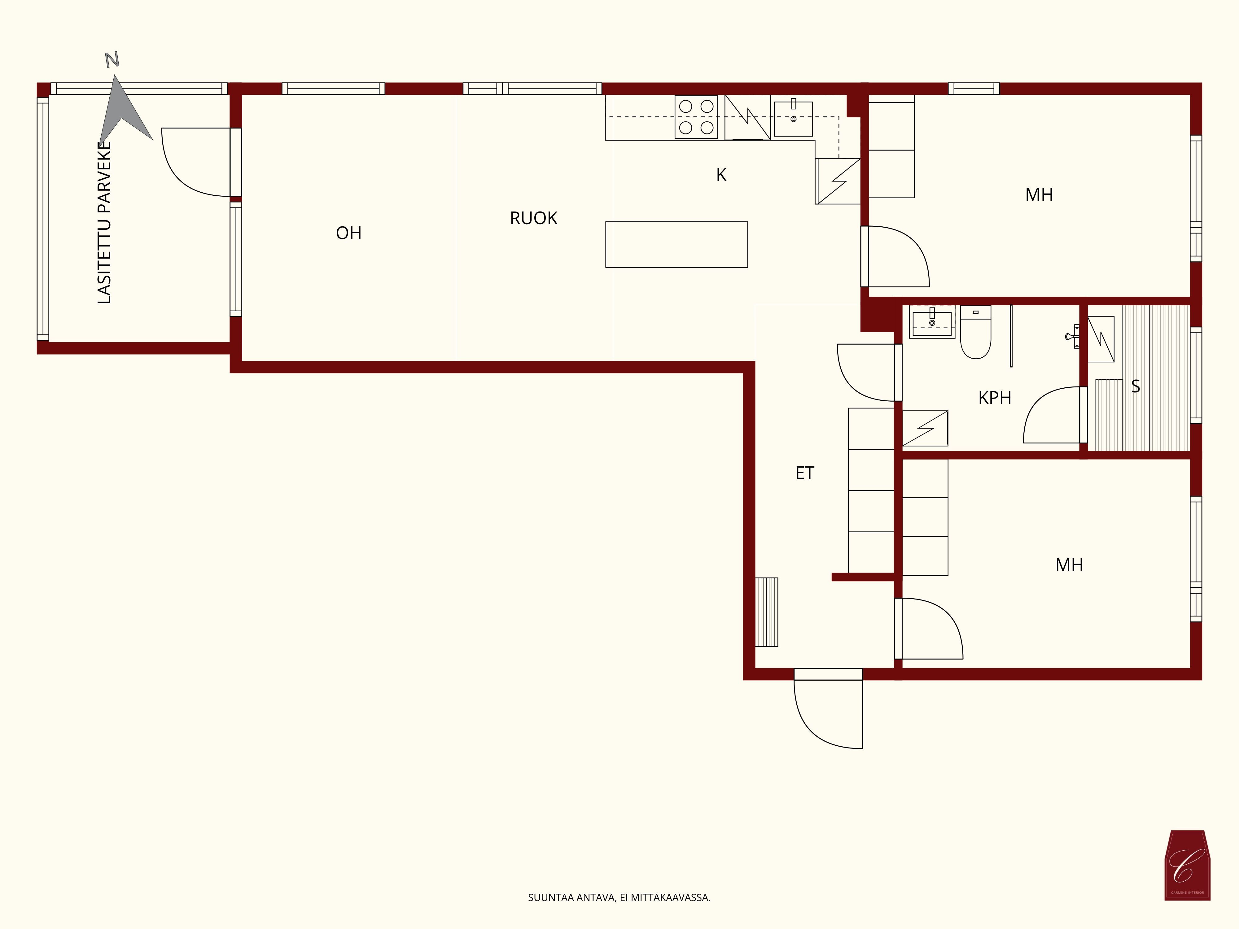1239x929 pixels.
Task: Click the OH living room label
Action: point(348,233)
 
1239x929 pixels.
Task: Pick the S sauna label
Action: point(1135,386)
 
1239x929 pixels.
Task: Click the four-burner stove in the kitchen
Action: point(696,117)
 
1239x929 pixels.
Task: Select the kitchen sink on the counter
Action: point(793,119)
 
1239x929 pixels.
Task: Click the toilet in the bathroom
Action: point(976,332)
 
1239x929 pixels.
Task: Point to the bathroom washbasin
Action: point(932,323)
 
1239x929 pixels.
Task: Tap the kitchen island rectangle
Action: point(676,245)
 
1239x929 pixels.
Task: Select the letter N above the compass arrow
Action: point(112,60)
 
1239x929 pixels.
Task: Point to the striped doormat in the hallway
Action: point(766,612)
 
